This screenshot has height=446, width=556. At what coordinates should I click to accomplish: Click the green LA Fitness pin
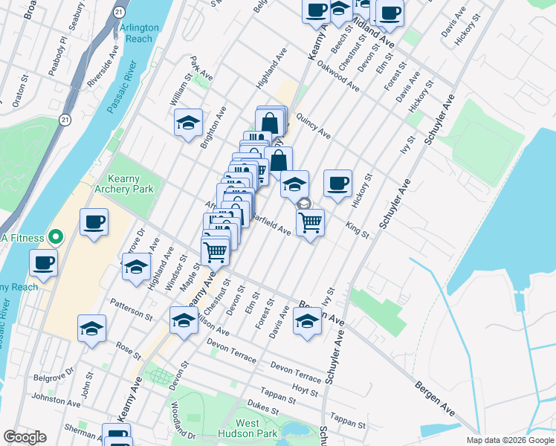click(x=54, y=237)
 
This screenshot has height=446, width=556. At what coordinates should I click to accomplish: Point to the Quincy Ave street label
click(x=313, y=123)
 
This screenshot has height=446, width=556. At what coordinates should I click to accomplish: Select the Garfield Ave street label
click(x=270, y=224)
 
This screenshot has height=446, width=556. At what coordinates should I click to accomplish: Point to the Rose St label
click(x=128, y=347)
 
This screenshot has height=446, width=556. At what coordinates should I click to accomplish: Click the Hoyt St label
click(x=306, y=390)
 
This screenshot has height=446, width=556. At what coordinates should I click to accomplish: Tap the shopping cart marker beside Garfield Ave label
click(x=310, y=222)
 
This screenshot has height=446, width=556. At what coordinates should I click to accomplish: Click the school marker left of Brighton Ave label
click(x=189, y=123)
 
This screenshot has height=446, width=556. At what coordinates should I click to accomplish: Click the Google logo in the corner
click(x=25, y=437)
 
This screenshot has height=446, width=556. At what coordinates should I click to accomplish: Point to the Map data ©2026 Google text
click(x=510, y=440)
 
